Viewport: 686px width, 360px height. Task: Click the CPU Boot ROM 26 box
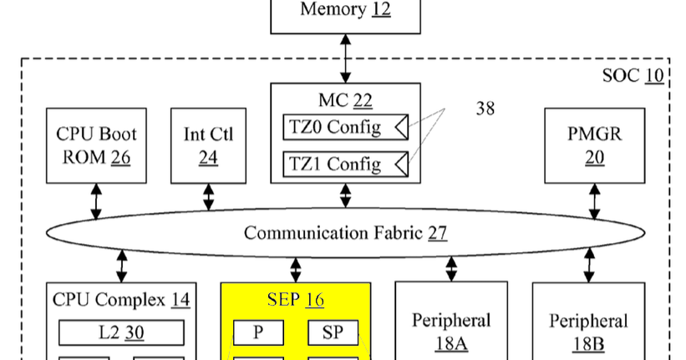click(x=96, y=145)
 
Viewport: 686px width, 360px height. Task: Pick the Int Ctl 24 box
click(x=207, y=145)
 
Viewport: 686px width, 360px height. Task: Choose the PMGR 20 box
click(x=594, y=145)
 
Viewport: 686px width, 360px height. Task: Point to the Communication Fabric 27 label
click(x=345, y=232)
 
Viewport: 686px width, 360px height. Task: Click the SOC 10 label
click(x=633, y=76)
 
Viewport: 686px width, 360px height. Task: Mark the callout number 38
click(x=485, y=109)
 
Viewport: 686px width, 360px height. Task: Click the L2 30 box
click(x=122, y=332)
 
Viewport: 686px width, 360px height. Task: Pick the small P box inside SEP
click(x=258, y=332)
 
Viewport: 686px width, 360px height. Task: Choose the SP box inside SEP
click(x=333, y=332)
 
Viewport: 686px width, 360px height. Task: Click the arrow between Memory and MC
click(x=346, y=58)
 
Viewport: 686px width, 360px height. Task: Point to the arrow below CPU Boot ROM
click(x=96, y=201)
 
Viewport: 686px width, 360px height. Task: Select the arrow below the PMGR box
click(x=594, y=201)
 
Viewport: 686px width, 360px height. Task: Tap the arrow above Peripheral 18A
click(x=451, y=268)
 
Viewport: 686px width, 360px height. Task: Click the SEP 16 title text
click(x=295, y=299)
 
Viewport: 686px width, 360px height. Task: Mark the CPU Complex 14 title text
click(x=121, y=299)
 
